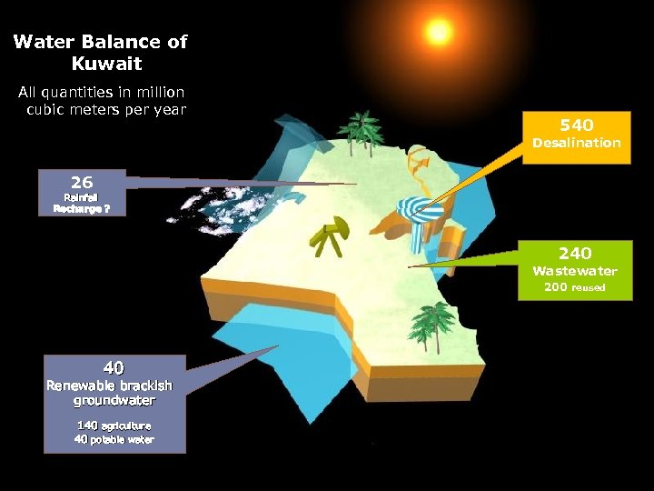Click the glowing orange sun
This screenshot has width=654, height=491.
(439, 33)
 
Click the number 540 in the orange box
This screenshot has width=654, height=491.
(576, 125)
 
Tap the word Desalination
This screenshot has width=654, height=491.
(576, 143)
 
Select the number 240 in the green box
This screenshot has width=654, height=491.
(575, 253)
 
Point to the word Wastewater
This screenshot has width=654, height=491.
(574, 271)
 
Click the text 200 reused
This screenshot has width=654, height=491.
(574, 287)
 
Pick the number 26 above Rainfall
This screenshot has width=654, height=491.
(82, 182)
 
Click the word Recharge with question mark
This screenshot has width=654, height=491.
(82, 207)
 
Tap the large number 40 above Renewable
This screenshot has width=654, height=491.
(114, 368)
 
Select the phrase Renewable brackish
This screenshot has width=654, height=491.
(110, 386)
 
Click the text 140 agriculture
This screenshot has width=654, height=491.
(114, 426)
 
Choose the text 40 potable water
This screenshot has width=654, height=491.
(114, 440)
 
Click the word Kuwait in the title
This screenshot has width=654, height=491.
(105, 65)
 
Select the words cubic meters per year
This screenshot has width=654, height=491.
(106, 110)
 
